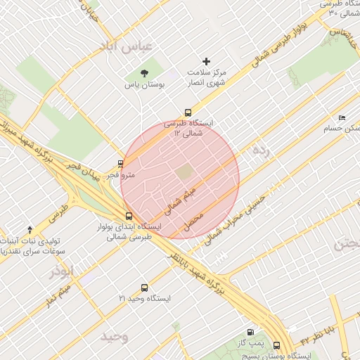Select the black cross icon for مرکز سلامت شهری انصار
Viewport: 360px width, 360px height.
(206, 62)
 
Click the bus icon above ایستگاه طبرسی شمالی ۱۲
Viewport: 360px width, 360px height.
(188, 112)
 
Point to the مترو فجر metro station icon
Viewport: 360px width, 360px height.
(120, 163)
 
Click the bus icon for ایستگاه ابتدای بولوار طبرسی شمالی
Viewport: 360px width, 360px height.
(128, 217)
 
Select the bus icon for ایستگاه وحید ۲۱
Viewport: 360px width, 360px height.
(145, 288)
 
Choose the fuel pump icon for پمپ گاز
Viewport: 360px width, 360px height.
(250, 332)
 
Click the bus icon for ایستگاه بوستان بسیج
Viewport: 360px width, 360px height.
(276, 345)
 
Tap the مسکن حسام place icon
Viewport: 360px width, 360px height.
(342, 117)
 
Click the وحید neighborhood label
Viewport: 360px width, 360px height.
(115, 336)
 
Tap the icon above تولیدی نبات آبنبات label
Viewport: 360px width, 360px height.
(30, 229)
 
